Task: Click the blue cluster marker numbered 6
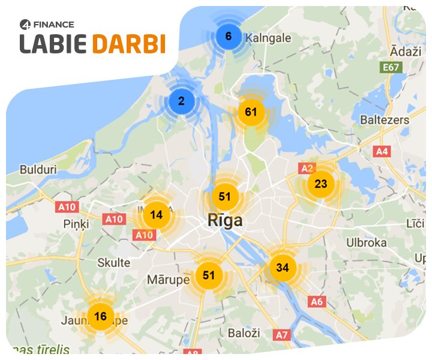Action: (x=229, y=36)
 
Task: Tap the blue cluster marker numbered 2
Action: (x=181, y=101)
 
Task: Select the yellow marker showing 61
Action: (x=251, y=112)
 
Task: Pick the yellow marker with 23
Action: (x=321, y=184)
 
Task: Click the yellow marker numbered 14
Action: (x=157, y=214)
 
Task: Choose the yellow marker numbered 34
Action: (x=283, y=267)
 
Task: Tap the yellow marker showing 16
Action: (x=100, y=316)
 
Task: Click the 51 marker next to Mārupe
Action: (x=209, y=275)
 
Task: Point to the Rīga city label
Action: (x=225, y=220)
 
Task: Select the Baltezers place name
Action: (x=384, y=120)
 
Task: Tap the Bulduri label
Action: (x=38, y=170)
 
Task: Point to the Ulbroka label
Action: (x=366, y=242)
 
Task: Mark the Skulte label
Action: (x=113, y=263)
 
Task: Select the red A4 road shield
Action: (x=382, y=151)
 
